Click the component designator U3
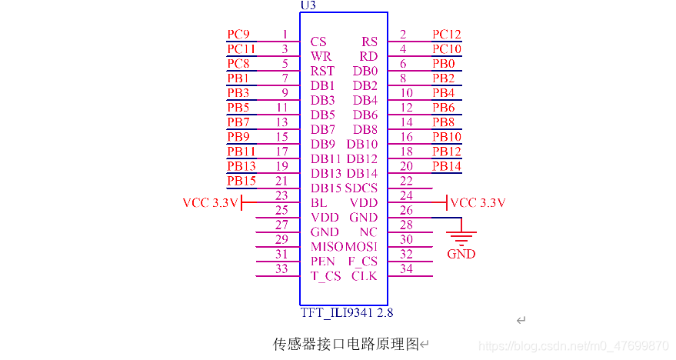[x=308, y=5]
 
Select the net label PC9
[x=238, y=34]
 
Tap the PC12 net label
[x=447, y=34]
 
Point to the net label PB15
[x=241, y=181]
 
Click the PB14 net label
[x=447, y=166]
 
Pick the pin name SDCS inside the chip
[x=361, y=188]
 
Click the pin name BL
[x=319, y=203]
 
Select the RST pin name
[x=322, y=71]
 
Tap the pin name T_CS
[x=325, y=276]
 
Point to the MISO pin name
[x=327, y=247]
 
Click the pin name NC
[x=368, y=232]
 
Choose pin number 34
[x=406, y=268]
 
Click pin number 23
[x=281, y=195]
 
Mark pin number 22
[x=406, y=181]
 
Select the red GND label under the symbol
[x=461, y=254]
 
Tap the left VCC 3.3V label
[x=211, y=203]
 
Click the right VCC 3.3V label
[x=478, y=203]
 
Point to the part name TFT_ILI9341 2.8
[x=346, y=313]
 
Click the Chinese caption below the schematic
[x=346, y=343]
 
